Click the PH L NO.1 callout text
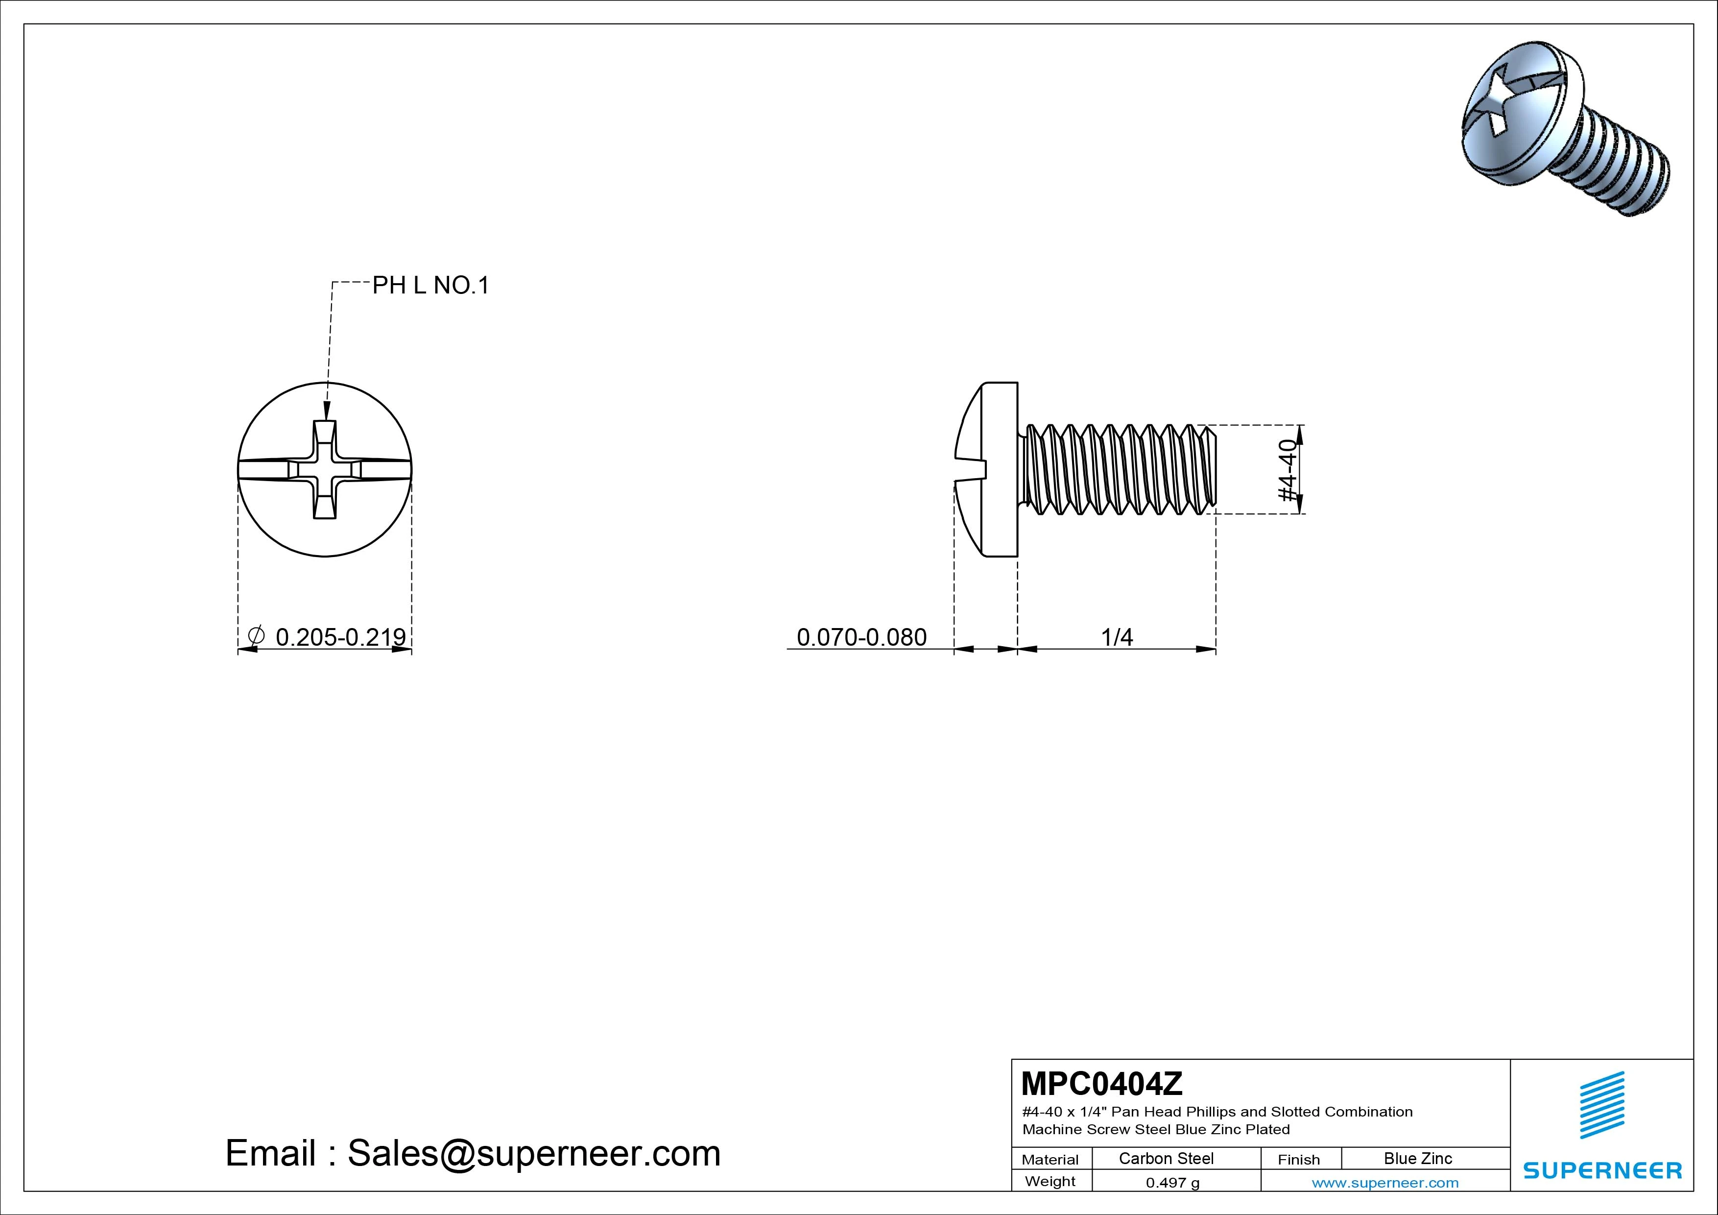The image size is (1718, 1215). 430,285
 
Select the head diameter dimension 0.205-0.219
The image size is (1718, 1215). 340,637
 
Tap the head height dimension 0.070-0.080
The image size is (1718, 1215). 861,637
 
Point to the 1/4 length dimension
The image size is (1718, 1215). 1117,637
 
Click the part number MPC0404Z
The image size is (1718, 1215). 1102,1083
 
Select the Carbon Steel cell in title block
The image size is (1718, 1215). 1166,1158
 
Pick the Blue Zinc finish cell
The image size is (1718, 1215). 1418,1158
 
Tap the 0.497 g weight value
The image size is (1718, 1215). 1172,1183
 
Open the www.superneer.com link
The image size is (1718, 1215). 1385,1183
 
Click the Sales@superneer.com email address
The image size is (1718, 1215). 533,1154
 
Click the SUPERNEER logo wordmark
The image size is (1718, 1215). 1602,1170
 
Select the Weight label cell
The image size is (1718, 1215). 1050,1181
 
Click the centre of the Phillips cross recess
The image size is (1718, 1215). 325,469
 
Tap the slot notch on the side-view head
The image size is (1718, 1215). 971,469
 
